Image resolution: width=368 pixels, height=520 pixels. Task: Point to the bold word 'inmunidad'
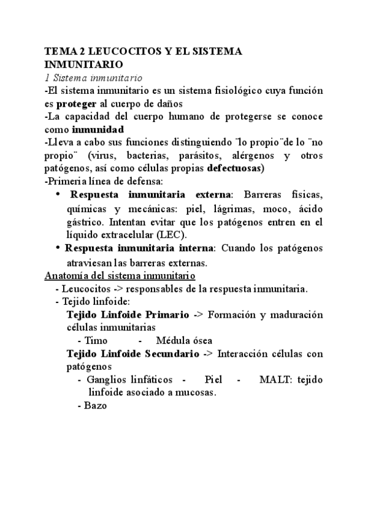pyautogui.click(x=98, y=129)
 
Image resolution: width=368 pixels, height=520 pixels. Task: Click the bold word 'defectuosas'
pyautogui.click(x=236, y=168)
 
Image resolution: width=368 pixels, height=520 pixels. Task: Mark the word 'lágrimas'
pyautogui.click(x=230, y=208)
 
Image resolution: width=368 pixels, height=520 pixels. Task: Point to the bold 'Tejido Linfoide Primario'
pyautogui.click(x=128, y=315)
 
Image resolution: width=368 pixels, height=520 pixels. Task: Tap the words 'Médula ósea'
pyautogui.click(x=185, y=341)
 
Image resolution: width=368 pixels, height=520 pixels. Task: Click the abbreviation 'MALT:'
pyautogui.click(x=277, y=380)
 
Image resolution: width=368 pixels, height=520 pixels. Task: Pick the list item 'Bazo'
pyautogui.click(x=94, y=406)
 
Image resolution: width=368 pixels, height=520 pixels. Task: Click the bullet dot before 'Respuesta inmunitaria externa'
pyautogui.click(x=58, y=194)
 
